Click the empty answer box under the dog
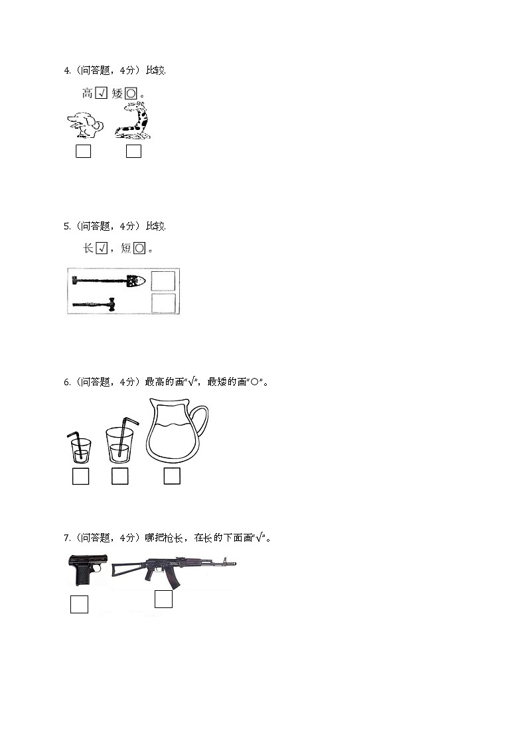(83, 151)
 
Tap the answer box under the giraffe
(133, 151)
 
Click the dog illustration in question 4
(86, 124)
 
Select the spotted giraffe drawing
(133, 122)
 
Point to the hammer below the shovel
(94, 304)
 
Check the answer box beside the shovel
(163, 281)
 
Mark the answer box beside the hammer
(163, 304)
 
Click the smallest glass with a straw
(80, 449)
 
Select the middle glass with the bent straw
(119, 443)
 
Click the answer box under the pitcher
(172, 476)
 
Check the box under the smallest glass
(80, 476)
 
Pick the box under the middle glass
(119, 476)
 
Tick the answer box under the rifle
(163, 599)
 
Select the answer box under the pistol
(79, 604)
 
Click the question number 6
(66, 382)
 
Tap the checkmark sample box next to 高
(101, 93)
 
